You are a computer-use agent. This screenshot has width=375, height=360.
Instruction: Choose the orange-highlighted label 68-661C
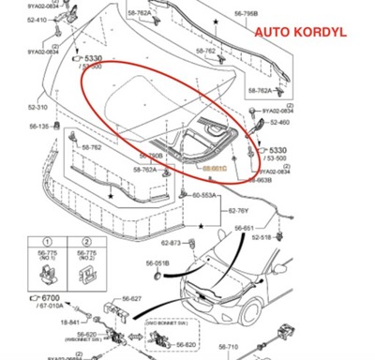pyautogui.click(x=216, y=169)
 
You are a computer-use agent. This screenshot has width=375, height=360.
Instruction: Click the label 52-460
pyautogui.click(x=278, y=122)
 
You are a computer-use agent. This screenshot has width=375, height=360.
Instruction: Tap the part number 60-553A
pyautogui.click(x=204, y=195)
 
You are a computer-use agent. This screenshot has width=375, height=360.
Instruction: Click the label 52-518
pyautogui.click(x=262, y=238)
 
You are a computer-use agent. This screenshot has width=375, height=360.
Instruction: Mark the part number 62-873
pyautogui.click(x=170, y=244)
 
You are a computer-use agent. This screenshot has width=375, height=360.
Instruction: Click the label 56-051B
pyautogui.click(x=157, y=264)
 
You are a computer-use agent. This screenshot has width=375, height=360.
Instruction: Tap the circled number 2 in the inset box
pyautogui.click(x=86, y=257)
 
